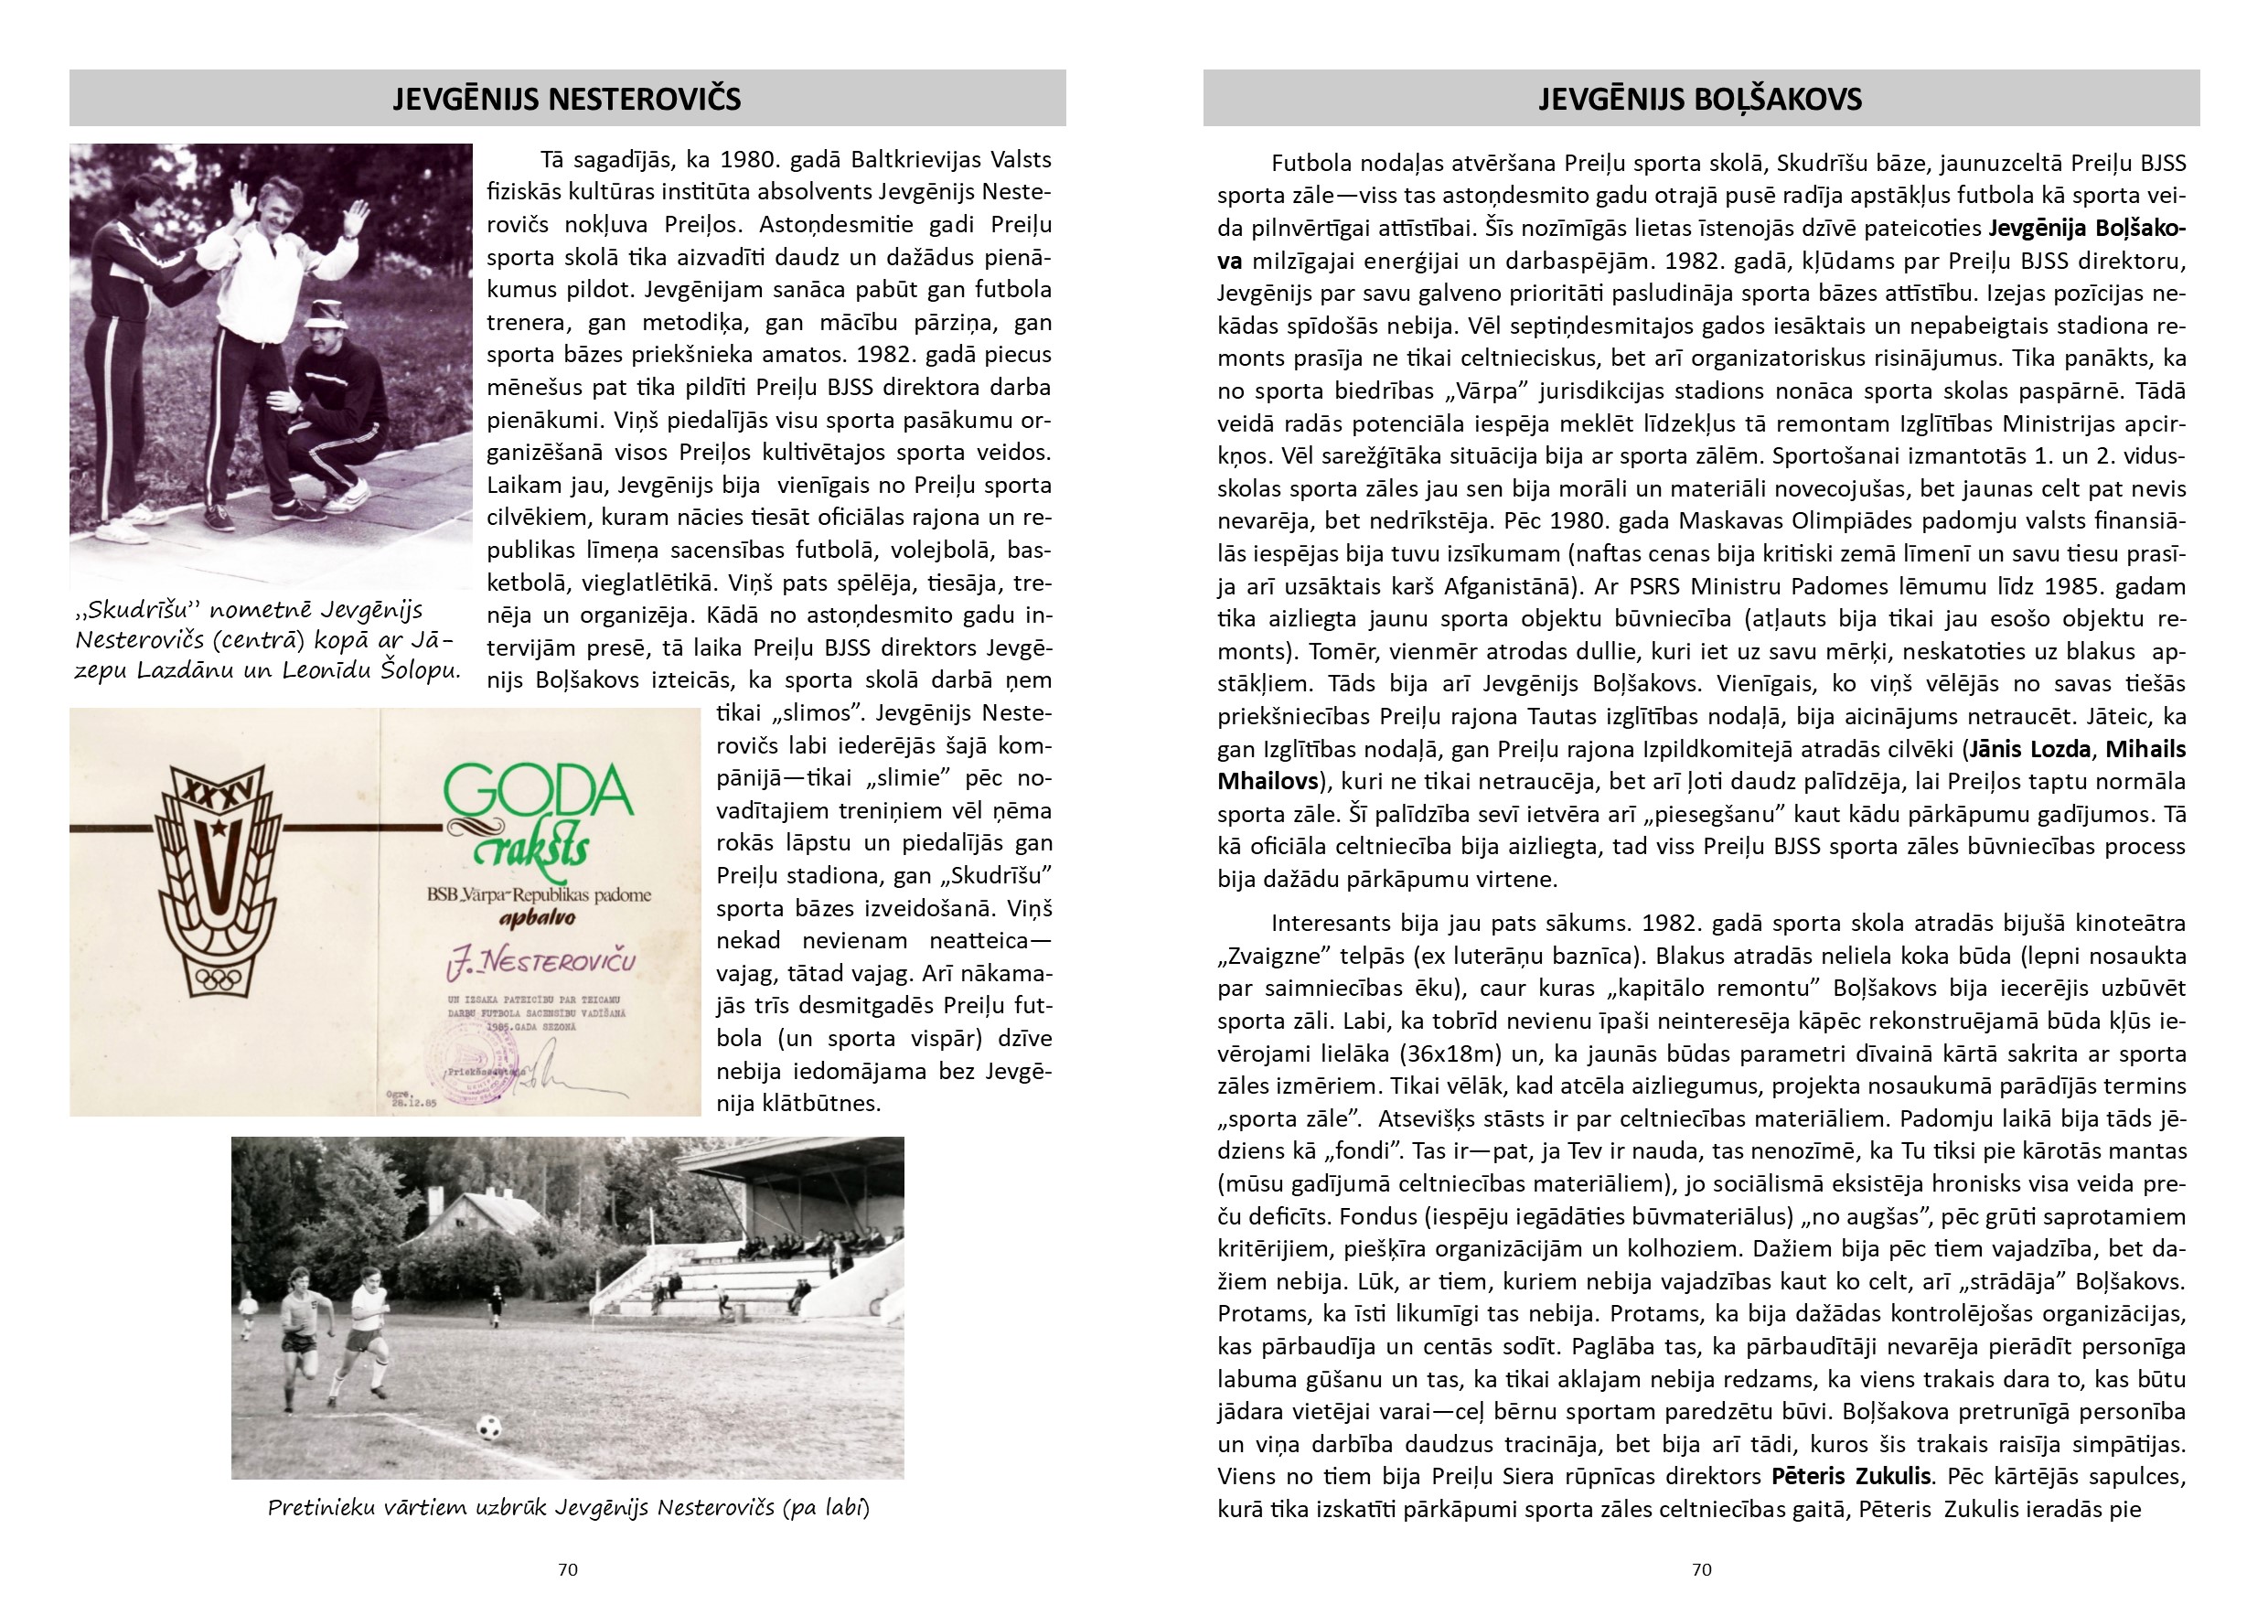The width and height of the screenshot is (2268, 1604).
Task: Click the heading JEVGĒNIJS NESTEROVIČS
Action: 567,99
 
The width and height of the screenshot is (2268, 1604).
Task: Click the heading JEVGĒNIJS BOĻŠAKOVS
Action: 1700,99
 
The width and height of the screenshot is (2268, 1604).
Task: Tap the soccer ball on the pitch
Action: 488,1428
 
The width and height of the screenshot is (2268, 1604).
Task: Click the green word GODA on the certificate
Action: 539,793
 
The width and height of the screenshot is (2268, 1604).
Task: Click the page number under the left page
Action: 567,1569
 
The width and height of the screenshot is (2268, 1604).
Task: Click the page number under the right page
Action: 1701,1569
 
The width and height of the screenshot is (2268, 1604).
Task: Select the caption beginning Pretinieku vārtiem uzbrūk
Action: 568,1508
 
